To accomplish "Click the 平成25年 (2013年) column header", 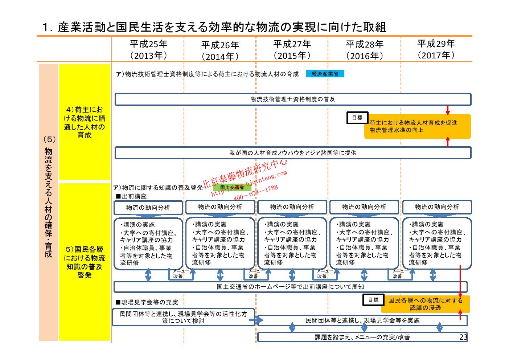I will pyautogui.click(x=148, y=49).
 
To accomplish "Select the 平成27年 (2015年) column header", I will pyautogui.click(x=292, y=49).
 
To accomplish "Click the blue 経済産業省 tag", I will pyautogui.click(x=325, y=74).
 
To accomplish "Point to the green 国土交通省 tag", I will pyautogui.click(x=232, y=187).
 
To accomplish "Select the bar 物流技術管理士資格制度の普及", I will pyautogui.click(x=293, y=99).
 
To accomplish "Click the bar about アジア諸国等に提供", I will pyautogui.click(x=293, y=153).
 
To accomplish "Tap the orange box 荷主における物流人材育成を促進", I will pyautogui.click(x=417, y=126).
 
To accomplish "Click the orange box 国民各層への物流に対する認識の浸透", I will pyautogui.click(x=426, y=304).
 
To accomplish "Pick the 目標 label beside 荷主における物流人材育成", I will pyautogui.click(x=357, y=118).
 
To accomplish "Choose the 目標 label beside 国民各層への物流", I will pyautogui.click(x=373, y=300).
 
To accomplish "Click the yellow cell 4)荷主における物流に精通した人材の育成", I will pyautogui.click(x=85, y=122).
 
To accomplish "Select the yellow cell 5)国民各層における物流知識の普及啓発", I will pyautogui.click(x=85, y=262).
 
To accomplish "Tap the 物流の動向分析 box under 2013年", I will pyautogui.click(x=148, y=208).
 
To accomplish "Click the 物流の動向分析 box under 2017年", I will pyautogui.click(x=437, y=207).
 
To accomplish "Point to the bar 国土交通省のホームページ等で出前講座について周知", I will pyautogui.click(x=290, y=287).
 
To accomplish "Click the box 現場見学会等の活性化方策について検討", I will pyautogui.click(x=183, y=317).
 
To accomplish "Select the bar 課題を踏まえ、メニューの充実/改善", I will pyautogui.click(x=362, y=337).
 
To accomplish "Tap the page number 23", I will pyautogui.click(x=463, y=337).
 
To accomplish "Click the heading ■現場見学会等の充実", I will pyautogui.click(x=147, y=302).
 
